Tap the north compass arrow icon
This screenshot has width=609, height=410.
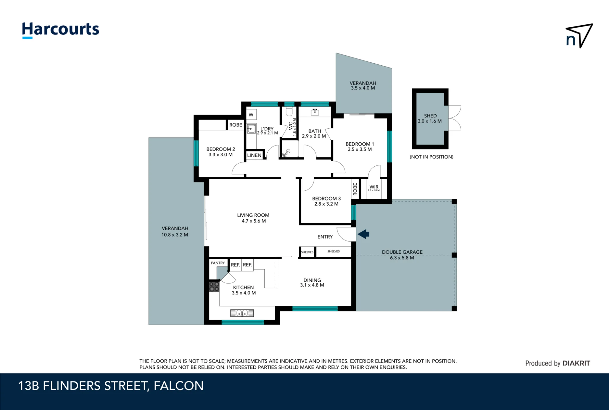pos(579,36)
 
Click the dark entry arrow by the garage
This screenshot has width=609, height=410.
pos(363,234)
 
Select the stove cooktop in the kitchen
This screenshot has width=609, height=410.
pos(214,287)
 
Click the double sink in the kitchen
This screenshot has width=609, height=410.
pos(242,313)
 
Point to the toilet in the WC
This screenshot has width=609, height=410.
pos(289,111)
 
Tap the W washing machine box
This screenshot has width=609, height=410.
pos(251,115)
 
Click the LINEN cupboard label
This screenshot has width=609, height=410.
pos(254,155)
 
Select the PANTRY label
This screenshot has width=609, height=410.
pos(218,263)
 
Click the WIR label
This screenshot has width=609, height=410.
pos(374,187)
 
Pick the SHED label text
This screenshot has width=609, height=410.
pos(430,116)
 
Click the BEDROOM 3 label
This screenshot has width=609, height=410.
pos(326,198)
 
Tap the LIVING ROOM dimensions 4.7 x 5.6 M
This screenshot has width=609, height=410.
pos(254,221)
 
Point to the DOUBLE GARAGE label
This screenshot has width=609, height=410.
pos(402,252)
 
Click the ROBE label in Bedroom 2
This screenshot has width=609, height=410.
pos(236,125)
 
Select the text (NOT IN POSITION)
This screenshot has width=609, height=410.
pos(431,157)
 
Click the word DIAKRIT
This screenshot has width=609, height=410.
pos(576,363)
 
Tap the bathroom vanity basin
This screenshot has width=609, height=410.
pos(315,112)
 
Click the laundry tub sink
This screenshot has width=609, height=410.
pos(251,129)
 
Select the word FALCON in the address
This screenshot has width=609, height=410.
pos(178,386)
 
